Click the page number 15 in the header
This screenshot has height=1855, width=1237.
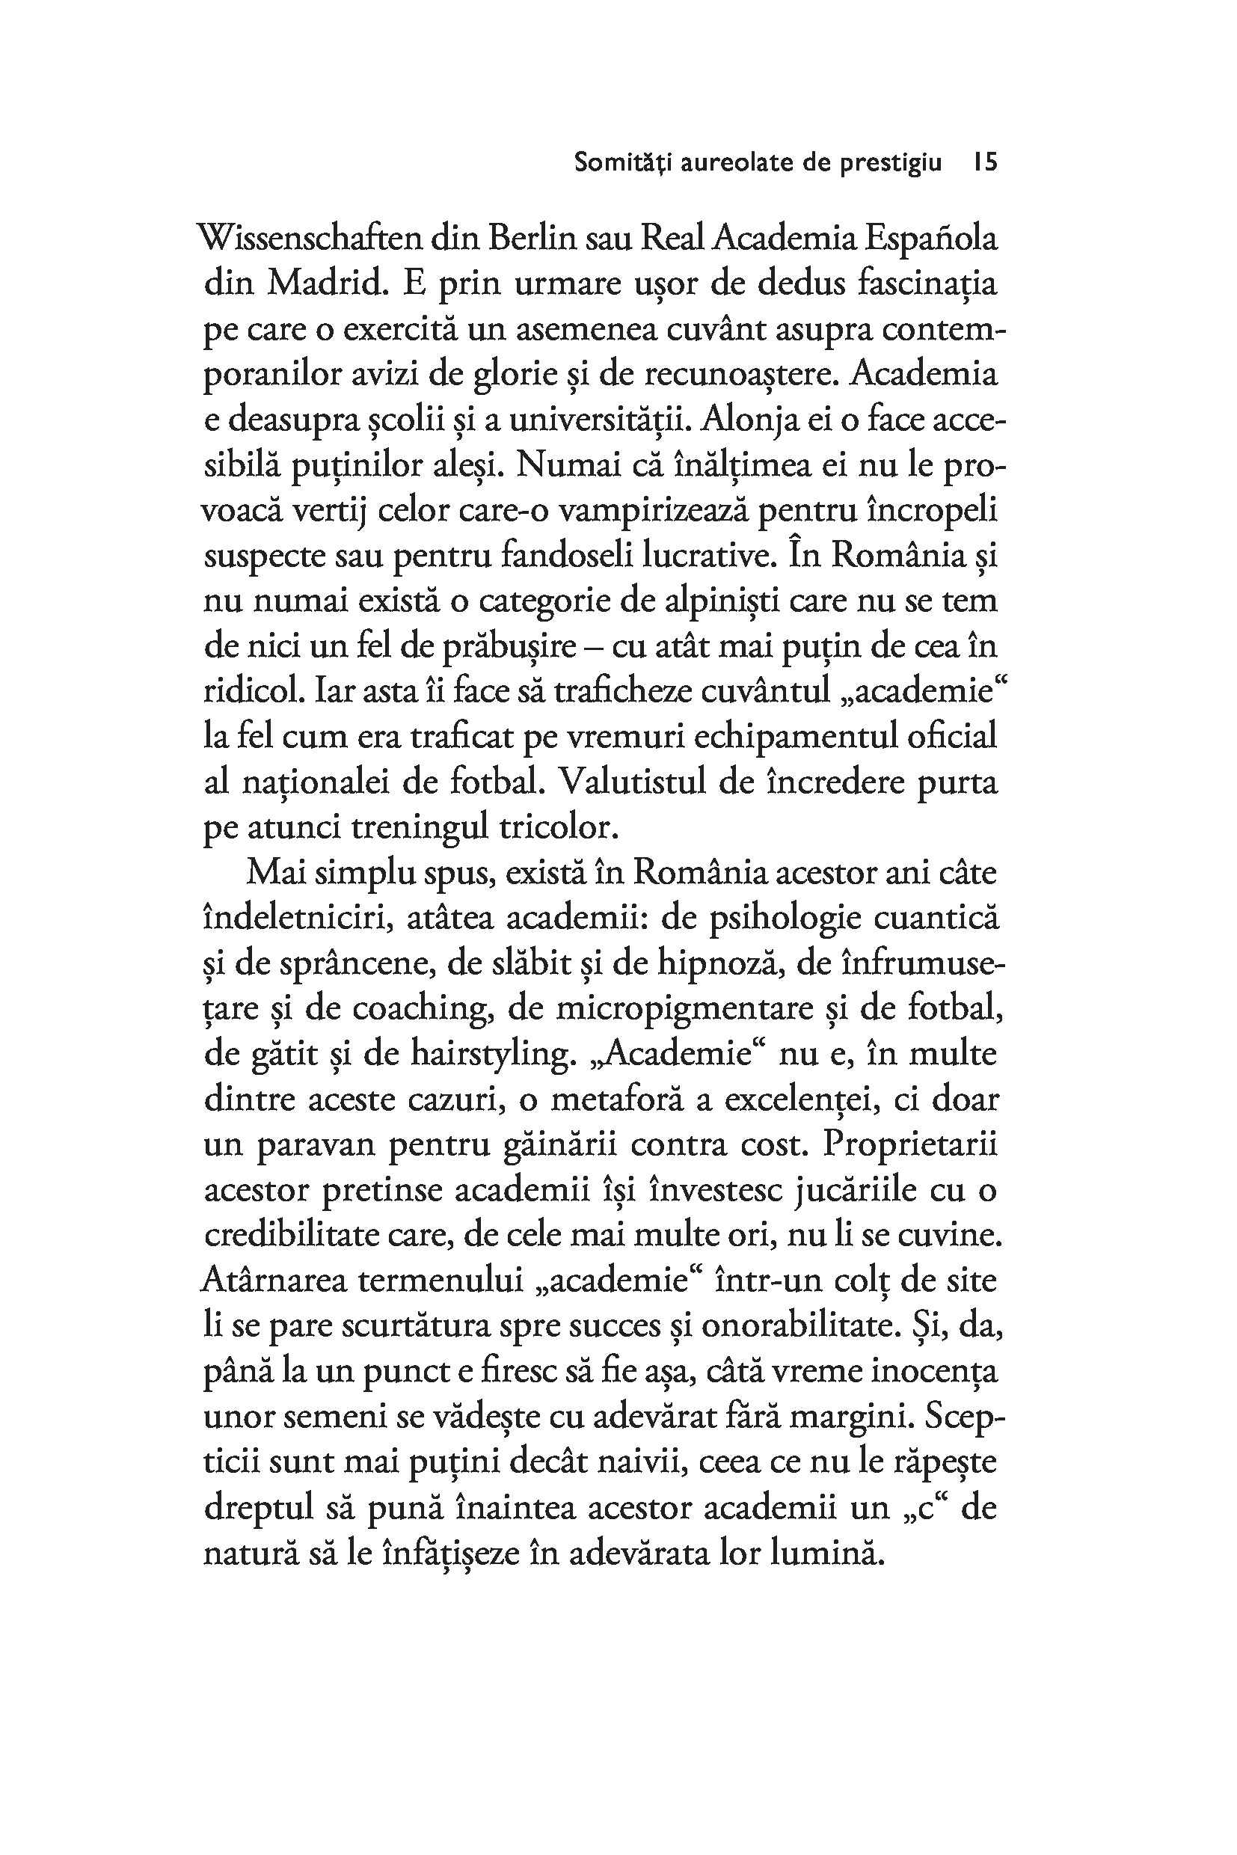(986, 162)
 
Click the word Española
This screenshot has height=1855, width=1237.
(931, 239)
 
